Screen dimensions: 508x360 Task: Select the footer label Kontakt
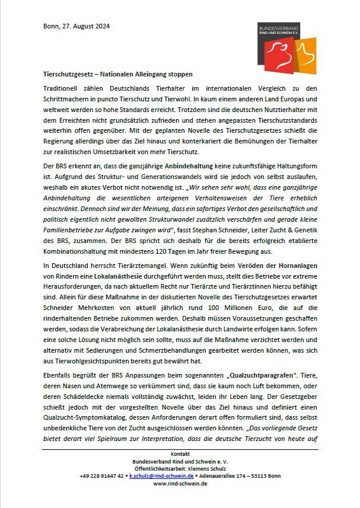click(x=179, y=453)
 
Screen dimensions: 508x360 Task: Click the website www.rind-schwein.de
click(x=179, y=484)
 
